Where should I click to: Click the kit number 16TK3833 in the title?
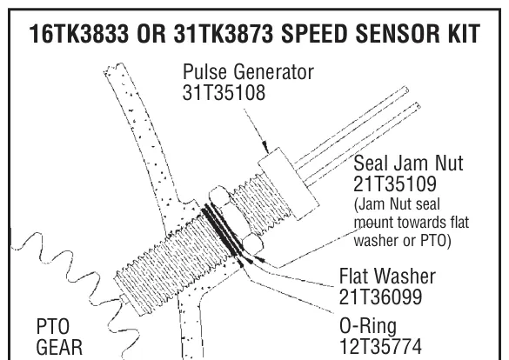pyautogui.click(x=79, y=34)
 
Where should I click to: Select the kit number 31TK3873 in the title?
pyautogui.click(x=224, y=34)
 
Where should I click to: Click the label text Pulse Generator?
pyautogui.click(x=248, y=71)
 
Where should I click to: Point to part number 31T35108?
pyautogui.click(x=224, y=92)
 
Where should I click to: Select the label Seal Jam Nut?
pyautogui.click(x=408, y=163)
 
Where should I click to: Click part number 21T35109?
pyautogui.click(x=395, y=183)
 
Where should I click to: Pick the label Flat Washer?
pyautogui.click(x=387, y=276)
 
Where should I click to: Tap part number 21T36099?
pyautogui.click(x=380, y=297)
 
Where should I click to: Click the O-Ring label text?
pyautogui.click(x=368, y=325)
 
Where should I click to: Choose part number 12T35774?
pyautogui.click(x=381, y=346)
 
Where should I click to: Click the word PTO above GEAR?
pyautogui.click(x=53, y=326)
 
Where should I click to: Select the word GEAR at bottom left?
pyautogui.click(x=59, y=347)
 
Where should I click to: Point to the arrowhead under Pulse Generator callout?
pyautogui.click(x=265, y=147)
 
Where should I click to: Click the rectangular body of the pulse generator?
pyautogui.click(x=289, y=183)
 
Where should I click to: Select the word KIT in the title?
pyautogui.click(x=460, y=34)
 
